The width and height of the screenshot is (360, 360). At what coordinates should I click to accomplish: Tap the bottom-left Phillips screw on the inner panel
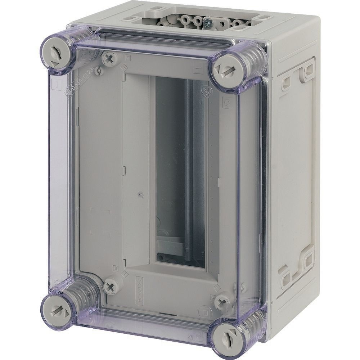pyautogui.click(x=109, y=287)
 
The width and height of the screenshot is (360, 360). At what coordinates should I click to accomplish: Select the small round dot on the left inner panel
pyautogui.click(x=140, y=195)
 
